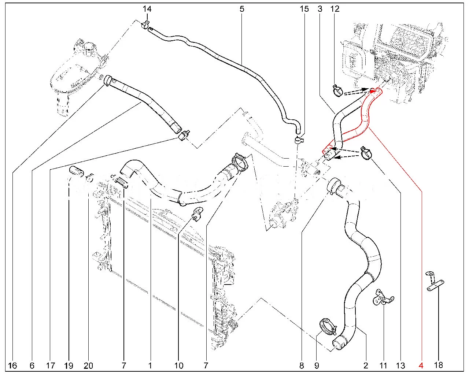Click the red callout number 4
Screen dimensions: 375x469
click(421, 365)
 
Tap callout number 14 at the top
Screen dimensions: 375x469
click(147, 8)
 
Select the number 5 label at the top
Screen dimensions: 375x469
click(242, 8)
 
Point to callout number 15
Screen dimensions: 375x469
click(304, 8)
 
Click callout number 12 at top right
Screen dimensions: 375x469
click(335, 8)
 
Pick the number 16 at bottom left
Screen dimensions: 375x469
click(12, 365)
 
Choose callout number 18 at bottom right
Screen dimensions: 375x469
click(438, 365)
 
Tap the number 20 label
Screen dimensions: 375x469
click(88, 365)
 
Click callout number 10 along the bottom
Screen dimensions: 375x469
click(179, 365)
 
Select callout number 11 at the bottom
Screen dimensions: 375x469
click(383, 365)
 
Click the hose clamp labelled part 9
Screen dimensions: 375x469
click(328, 326)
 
